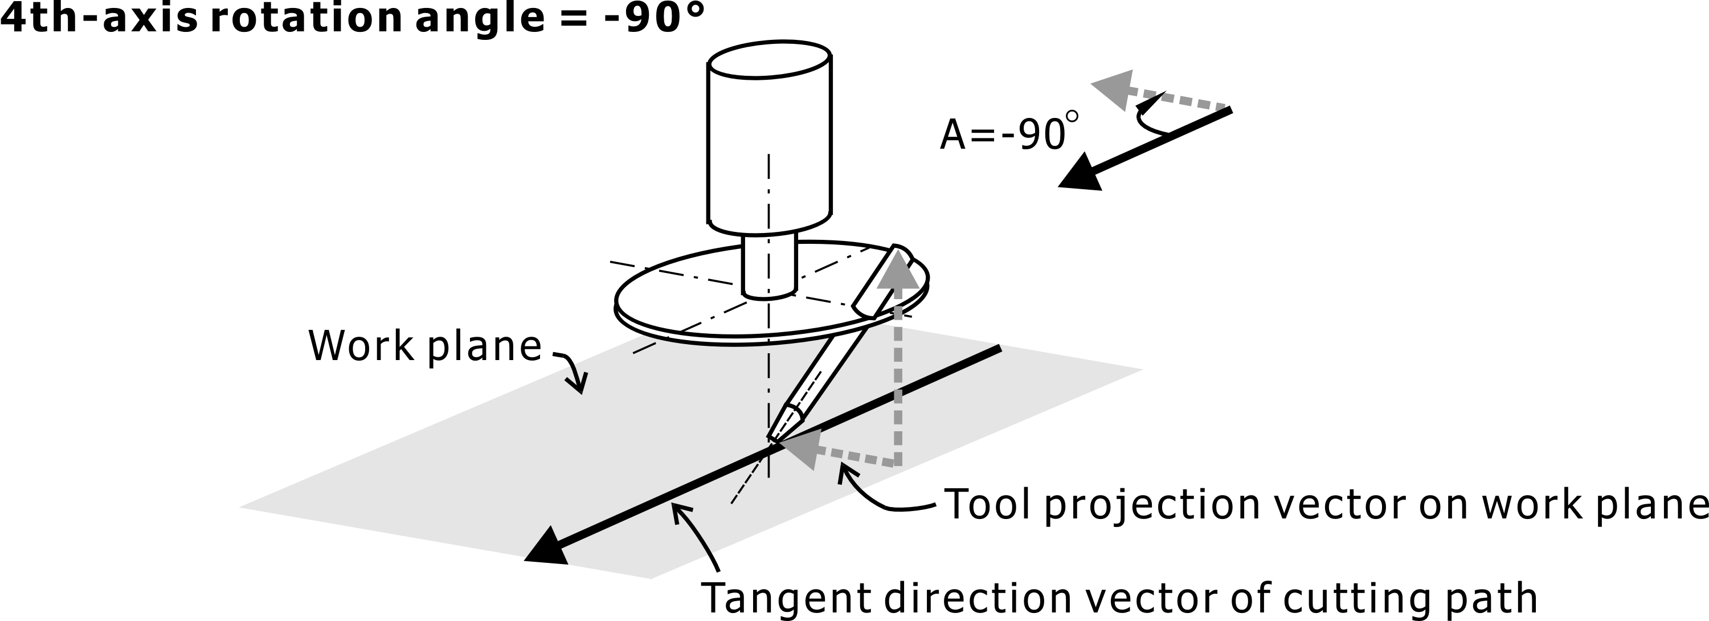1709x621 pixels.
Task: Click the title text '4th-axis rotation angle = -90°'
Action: coord(351,19)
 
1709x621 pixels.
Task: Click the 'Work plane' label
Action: coord(424,346)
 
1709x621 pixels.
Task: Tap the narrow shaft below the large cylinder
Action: coord(769,265)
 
